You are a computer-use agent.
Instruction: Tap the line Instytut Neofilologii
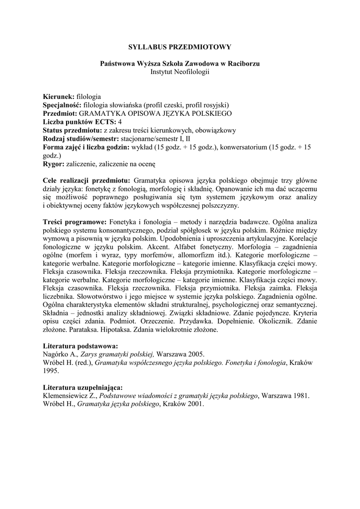(180, 72)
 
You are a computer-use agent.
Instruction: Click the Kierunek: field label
(59, 96)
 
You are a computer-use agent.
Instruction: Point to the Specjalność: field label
(63, 104)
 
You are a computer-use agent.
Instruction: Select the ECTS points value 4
(120, 122)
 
